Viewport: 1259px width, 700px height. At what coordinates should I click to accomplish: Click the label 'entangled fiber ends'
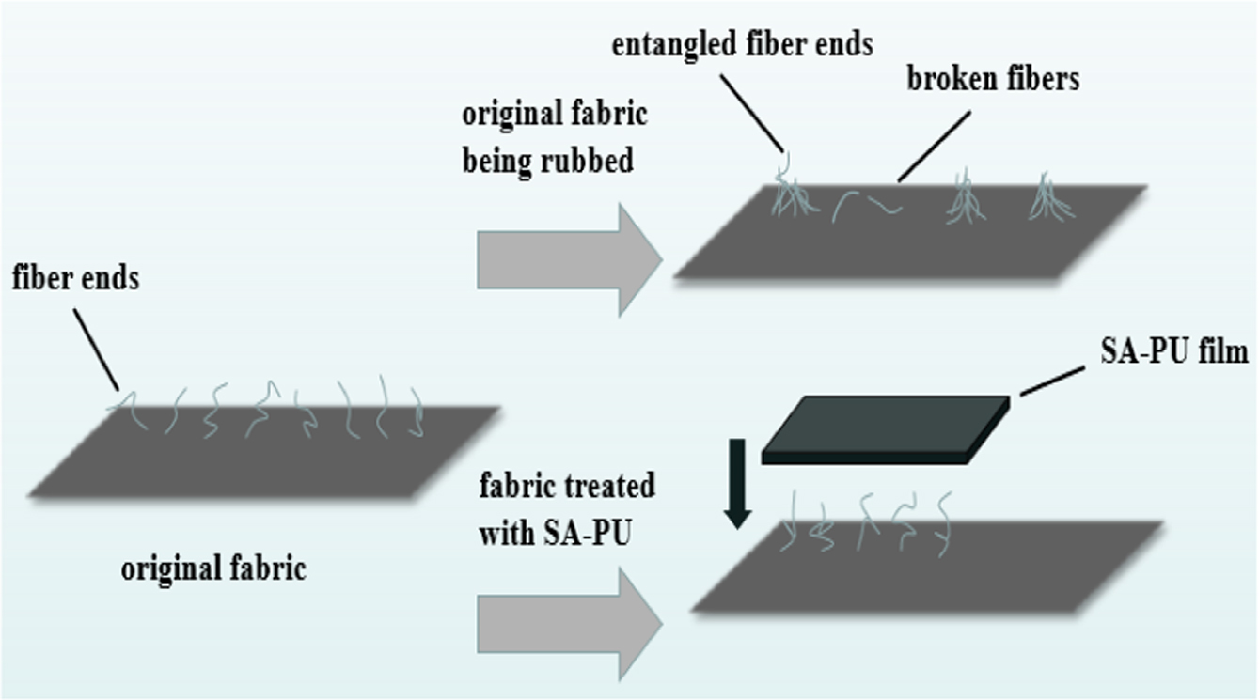742,46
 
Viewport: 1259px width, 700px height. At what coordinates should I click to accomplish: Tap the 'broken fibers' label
993,79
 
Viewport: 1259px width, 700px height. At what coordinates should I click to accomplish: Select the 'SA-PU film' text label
1174,352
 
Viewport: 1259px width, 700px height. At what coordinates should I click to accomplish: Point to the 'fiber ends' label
76,278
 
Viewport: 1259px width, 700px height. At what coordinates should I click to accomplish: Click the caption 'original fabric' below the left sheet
213,569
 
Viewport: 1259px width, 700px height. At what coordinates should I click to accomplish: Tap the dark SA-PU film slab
886,429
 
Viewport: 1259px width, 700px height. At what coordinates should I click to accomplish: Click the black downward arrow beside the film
737,484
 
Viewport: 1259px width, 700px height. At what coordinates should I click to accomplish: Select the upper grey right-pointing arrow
570,260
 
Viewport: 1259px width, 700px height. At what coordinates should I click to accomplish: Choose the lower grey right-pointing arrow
570,624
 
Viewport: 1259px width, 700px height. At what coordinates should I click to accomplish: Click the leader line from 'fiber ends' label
96,350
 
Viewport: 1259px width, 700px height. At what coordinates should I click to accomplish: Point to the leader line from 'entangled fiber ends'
752,114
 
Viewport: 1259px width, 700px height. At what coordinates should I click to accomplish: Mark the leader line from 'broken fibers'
934,147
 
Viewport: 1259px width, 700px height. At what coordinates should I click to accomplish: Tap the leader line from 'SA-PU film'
1052,381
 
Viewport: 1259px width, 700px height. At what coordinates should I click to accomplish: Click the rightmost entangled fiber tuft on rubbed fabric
1050,197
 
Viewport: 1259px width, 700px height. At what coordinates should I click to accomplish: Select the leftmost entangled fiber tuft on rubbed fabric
793,185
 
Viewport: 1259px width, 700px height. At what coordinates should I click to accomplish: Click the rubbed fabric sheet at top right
910,231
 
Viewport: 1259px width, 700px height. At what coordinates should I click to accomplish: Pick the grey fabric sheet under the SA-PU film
927,567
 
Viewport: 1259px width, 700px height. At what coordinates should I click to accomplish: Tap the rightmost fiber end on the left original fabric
418,412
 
